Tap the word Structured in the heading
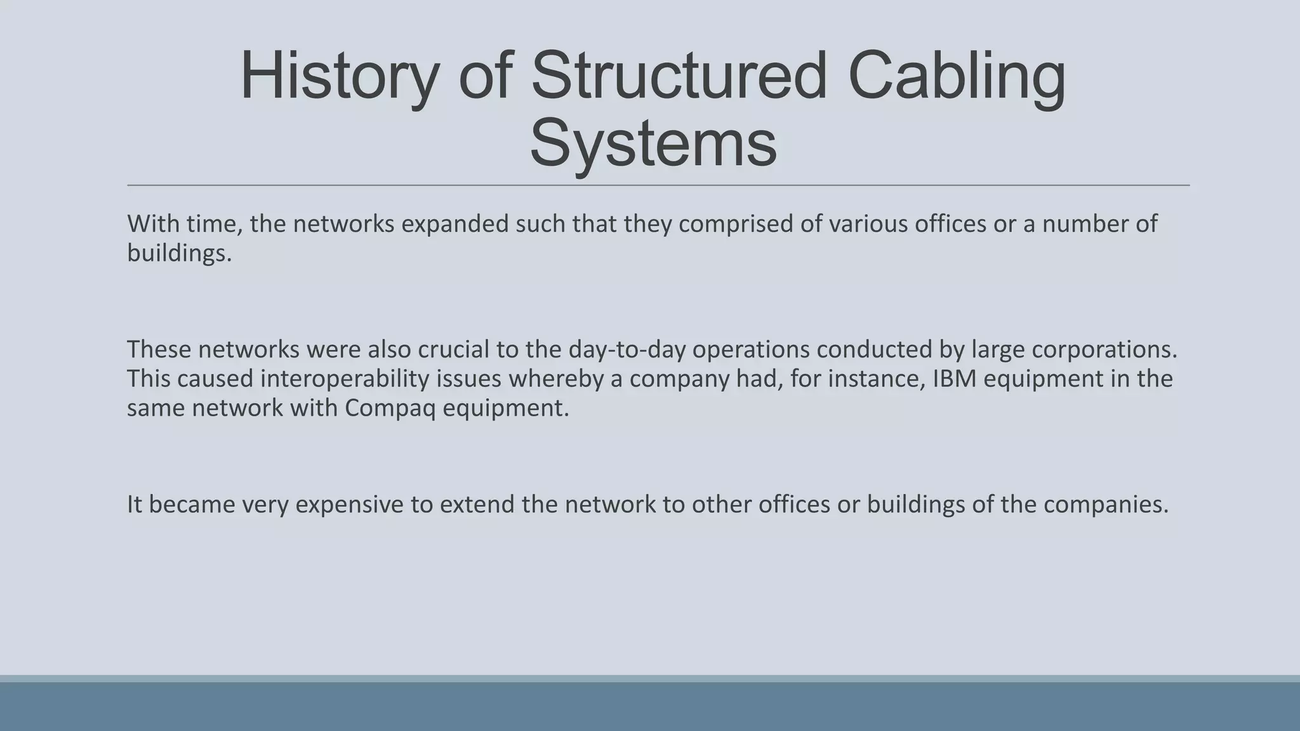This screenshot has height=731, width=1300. point(679,77)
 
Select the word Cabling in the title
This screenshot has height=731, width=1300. point(957,77)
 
